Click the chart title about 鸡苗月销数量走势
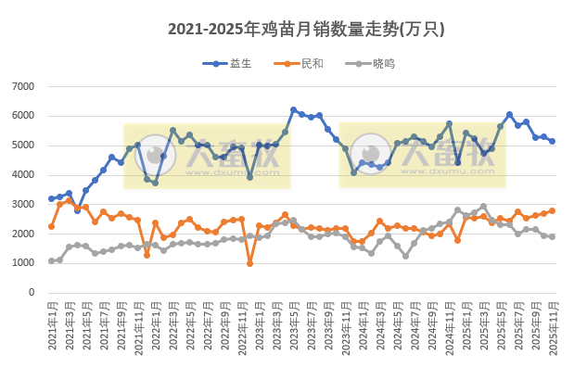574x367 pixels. point(306,29)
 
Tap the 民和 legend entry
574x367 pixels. point(313,63)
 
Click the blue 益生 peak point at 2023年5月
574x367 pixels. point(293,109)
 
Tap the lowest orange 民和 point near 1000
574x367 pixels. point(250,263)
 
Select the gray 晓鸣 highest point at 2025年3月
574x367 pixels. point(483,207)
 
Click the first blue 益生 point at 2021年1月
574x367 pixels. point(52,198)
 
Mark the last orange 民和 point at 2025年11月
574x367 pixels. point(552,210)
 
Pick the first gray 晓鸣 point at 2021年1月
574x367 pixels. point(52,260)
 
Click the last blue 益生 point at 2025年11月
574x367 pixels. point(552,141)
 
